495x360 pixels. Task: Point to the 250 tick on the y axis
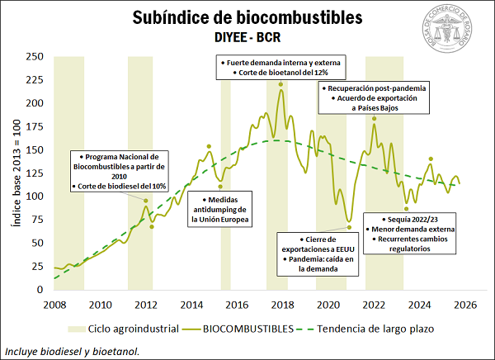click(35, 57)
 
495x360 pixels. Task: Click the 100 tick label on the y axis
click(35, 197)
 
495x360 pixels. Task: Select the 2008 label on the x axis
click(54, 304)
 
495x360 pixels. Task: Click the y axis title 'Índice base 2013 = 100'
click(13, 173)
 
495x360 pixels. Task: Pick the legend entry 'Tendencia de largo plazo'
click(379, 329)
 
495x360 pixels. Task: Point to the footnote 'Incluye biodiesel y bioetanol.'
click(72, 350)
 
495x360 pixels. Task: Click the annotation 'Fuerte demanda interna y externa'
click(280, 63)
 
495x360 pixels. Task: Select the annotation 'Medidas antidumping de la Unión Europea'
click(220, 210)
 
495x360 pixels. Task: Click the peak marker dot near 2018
click(281, 84)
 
